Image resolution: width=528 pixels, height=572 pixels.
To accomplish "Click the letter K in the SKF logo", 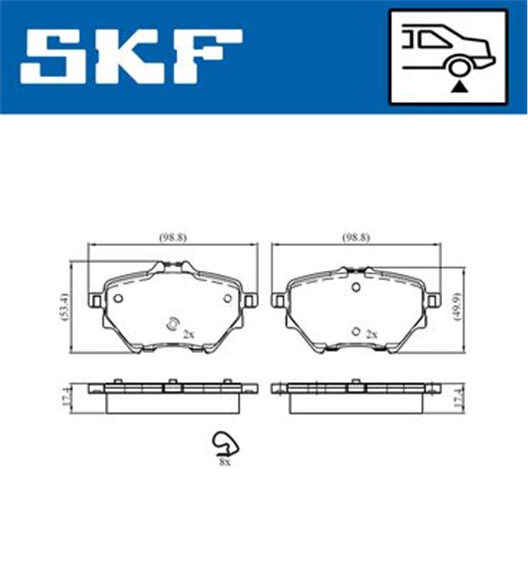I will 132,56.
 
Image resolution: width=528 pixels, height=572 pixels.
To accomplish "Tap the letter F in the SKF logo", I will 207,56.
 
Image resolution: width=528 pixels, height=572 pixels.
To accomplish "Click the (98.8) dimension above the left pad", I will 173,238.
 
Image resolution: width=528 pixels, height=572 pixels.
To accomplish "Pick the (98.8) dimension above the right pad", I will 356,238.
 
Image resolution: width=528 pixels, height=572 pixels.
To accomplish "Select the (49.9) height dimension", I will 459,307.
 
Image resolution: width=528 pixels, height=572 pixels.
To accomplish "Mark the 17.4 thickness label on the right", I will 458,398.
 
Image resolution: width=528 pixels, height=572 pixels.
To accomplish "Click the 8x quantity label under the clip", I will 224,462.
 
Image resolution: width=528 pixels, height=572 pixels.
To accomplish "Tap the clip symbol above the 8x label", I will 225,444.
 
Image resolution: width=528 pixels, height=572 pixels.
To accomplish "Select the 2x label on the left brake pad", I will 188,335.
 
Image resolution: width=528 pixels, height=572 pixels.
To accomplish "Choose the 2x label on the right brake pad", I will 372,335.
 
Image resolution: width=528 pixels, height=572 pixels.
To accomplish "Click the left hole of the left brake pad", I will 118,298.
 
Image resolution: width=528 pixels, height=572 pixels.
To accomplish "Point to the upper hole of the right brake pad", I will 356,287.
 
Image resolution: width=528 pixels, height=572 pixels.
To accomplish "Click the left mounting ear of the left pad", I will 95,301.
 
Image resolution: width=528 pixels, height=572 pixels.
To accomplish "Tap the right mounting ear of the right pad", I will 433,301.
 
